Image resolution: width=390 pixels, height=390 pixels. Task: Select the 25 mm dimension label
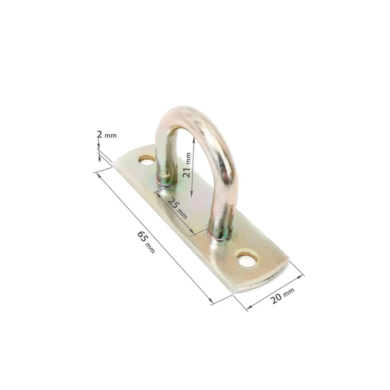(x=177, y=208)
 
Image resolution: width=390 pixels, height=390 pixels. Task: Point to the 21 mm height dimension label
(x=187, y=165)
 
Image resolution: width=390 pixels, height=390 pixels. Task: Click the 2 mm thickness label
(x=106, y=135)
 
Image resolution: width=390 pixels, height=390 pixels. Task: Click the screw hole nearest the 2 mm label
(x=146, y=160)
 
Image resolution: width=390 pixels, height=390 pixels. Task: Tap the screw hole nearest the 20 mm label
(x=247, y=259)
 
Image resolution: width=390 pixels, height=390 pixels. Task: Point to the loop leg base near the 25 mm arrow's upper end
(x=166, y=181)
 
